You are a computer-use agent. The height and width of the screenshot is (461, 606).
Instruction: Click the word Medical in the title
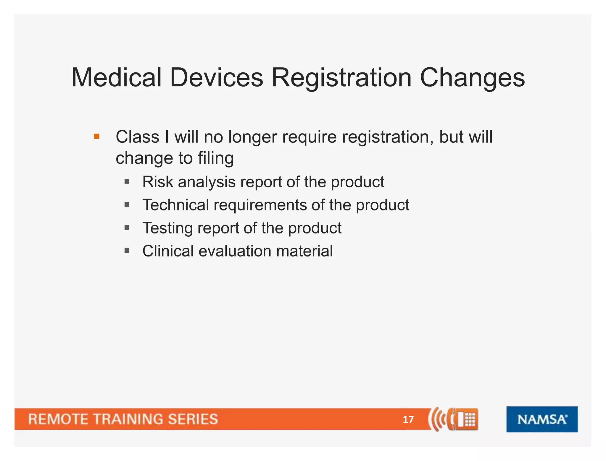point(116,77)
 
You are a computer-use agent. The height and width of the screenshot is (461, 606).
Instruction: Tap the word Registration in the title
point(341,77)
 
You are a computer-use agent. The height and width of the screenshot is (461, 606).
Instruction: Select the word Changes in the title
point(472,77)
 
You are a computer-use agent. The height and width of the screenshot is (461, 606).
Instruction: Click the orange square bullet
point(96,137)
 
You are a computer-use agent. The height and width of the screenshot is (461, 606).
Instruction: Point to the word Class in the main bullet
point(137,137)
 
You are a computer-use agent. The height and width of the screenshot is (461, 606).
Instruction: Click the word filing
point(216,158)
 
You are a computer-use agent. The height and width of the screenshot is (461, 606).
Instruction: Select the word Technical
point(175,205)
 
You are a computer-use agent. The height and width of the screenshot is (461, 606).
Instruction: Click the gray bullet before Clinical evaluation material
point(127,251)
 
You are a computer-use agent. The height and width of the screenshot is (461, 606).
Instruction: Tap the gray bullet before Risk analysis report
point(127,181)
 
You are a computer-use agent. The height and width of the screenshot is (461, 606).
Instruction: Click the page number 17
point(408,420)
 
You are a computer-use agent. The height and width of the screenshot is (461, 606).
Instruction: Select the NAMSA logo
point(542,419)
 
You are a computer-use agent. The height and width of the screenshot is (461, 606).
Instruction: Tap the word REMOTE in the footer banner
point(58,419)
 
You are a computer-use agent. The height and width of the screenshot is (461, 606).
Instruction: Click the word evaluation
point(235,251)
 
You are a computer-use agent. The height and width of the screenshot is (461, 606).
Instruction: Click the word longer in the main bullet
point(252,137)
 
